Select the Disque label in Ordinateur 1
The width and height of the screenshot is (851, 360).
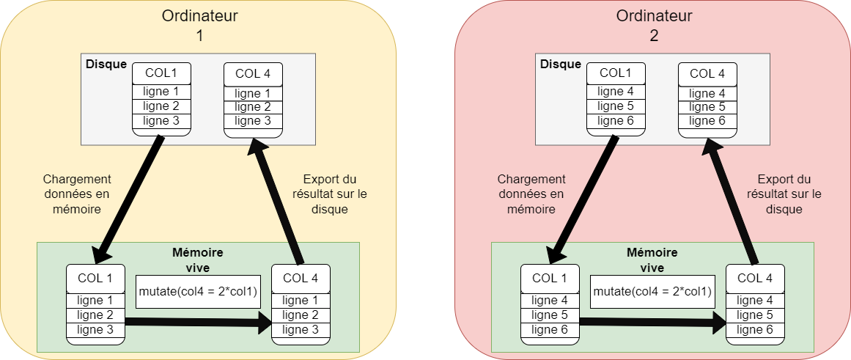pyautogui.click(x=106, y=64)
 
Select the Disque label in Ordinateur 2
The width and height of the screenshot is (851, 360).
pyautogui.click(x=561, y=64)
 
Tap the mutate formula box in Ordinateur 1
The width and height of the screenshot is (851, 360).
pyautogui.click(x=198, y=292)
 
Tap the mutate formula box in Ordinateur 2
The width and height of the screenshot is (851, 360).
pyautogui.click(x=652, y=292)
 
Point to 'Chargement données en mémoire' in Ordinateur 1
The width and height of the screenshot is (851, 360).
pyautogui.click(x=77, y=194)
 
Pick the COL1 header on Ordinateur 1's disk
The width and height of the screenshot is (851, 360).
pyautogui.click(x=161, y=73)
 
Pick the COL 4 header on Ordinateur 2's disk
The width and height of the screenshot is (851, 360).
pyautogui.click(x=707, y=73)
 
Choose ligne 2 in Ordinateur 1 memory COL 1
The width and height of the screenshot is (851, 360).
pyautogui.click(x=95, y=315)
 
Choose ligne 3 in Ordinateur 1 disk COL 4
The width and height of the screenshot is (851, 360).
pyautogui.click(x=252, y=121)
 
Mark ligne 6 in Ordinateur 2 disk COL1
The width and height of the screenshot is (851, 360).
pyautogui.click(x=616, y=121)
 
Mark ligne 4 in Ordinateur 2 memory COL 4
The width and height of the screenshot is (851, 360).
pyautogui.click(x=755, y=301)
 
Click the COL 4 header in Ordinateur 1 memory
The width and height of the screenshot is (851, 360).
pyautogui.click(x=301, y=278)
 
